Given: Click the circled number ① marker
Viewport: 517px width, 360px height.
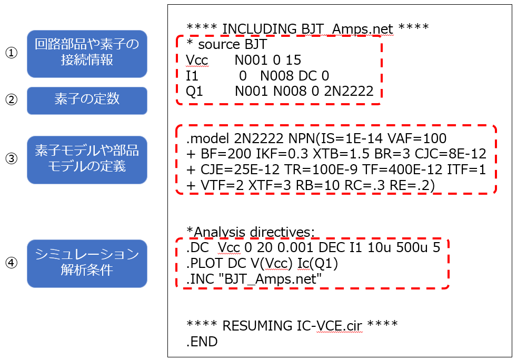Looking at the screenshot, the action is click(11, 53).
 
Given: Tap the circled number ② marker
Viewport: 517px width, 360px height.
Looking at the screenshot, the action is click(11, 99).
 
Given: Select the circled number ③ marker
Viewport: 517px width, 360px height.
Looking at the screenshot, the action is click(11, 158).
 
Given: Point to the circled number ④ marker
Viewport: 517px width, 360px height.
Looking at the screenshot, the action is click(11, 263).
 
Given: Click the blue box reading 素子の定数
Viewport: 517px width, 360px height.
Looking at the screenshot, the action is click(87, 101).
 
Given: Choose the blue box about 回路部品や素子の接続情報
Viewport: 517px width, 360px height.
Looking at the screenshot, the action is click(87, 54).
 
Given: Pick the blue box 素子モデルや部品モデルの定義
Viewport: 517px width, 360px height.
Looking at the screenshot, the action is click(87, 160).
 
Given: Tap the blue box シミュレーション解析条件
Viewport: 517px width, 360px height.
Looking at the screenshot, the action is click(87, 263).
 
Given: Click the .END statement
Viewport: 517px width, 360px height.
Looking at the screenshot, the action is click(202, 342).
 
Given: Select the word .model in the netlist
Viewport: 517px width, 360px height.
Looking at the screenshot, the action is click(207, 138).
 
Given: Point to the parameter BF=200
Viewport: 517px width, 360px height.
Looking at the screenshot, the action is click(225, 154).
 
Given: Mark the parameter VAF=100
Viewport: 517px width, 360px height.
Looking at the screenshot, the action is click(417, 138).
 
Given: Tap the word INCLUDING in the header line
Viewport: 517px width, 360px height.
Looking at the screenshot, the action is click(260, 29).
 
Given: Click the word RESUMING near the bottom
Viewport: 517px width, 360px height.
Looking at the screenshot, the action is click(257, 326).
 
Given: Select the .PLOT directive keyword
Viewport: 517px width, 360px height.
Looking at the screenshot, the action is click(204, 263).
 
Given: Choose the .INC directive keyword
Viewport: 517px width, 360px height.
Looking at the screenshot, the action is click(200, 279).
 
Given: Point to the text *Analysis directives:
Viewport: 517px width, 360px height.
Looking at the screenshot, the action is click(251, 232).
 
